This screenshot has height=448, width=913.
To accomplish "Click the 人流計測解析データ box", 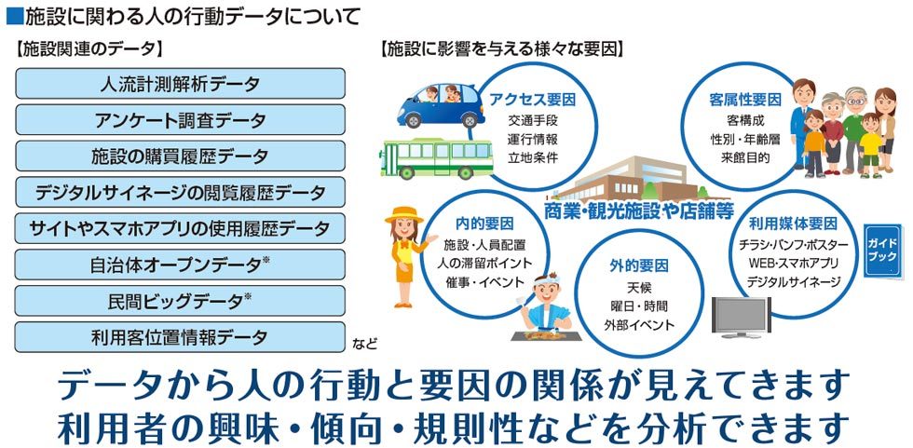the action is (x=180, y=84).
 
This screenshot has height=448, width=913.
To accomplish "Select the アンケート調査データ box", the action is (x=180, y=120).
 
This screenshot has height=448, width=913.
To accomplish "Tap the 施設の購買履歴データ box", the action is (x=180, y=156).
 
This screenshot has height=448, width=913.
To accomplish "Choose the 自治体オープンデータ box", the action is (x=180, y=265).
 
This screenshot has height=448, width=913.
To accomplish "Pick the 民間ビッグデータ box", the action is (x=180, y=301).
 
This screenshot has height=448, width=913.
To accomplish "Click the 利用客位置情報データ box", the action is (x=180, y=337).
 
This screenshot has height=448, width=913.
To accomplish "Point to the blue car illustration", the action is (x=441, y=105).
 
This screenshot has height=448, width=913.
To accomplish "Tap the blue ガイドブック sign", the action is (x=883, y=251).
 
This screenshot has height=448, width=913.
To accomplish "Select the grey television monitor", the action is (x=742, y=317).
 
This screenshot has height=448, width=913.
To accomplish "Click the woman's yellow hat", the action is (x=403, y=214).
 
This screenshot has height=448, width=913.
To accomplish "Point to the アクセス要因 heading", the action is (x=532, y=100).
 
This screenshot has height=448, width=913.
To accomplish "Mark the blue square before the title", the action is (x=14, y=16).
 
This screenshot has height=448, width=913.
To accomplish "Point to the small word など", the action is (x=364, y=344).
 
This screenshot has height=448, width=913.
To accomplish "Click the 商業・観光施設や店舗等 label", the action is (x=639, y=210).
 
